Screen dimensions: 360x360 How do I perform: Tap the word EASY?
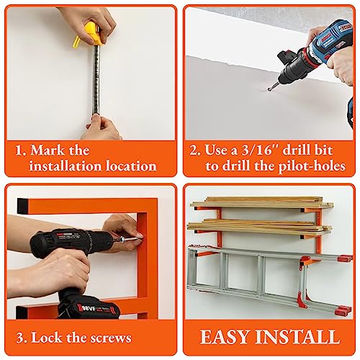coord(225,336)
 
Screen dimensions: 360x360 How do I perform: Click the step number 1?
coord(19,150)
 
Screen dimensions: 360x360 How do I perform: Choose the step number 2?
coord(193,150)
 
